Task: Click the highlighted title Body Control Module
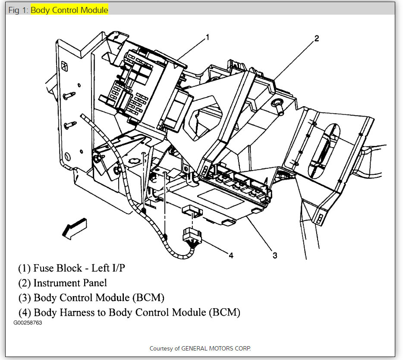tap(69, 10)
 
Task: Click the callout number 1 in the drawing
tap(207, 37)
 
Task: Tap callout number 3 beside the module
tap(274, 255)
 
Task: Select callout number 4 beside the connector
tap(231, 255)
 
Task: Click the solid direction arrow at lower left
tap(74, 228)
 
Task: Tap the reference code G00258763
tap(28, 323)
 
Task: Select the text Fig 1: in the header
tap(18, 10)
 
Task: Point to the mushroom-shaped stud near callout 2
tap(277, 104)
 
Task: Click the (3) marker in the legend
tap(24, 297)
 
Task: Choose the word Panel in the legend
tap(94, 283)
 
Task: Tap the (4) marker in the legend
tap(24, 312)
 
